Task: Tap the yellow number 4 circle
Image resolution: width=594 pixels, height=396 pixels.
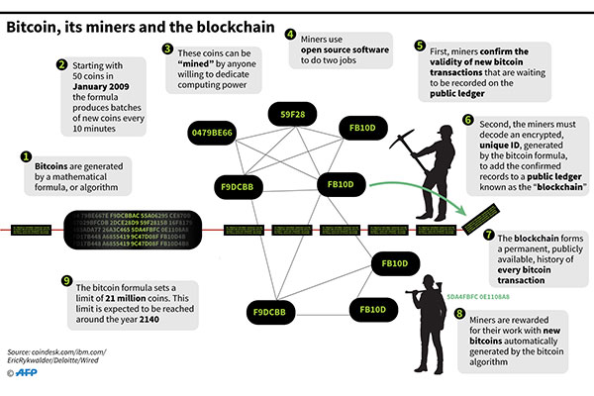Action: coord(291,33)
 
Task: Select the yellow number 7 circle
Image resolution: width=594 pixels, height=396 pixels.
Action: coord(488,236)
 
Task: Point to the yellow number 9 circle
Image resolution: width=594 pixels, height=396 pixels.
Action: coord(66,280)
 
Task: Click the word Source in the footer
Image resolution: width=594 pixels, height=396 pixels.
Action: coord(21,349)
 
